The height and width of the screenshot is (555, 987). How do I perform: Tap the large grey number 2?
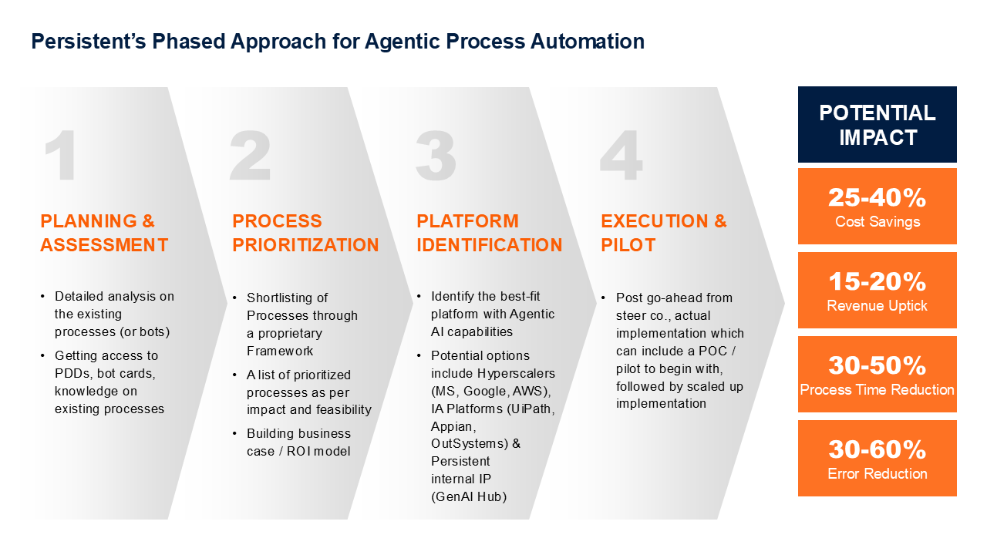point(250,156)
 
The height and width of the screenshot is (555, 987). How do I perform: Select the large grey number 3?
point(435,156)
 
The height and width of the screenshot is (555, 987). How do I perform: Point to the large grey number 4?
point(621,156)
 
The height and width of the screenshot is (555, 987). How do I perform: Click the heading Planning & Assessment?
point(104,233)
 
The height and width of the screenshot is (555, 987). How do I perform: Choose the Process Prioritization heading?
point(305,233)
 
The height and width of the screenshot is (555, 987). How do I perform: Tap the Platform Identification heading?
point(489,233)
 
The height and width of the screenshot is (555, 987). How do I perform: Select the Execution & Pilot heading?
point(663,233)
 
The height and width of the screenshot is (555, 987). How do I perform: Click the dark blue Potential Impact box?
point(877,125)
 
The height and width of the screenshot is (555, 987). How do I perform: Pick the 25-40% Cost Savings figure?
point(877,198)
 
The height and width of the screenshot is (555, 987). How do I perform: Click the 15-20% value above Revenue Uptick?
point(877,282)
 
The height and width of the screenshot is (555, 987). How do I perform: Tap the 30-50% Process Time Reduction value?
point(877,365)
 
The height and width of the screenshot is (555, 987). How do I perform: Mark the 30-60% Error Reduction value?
point(877,449)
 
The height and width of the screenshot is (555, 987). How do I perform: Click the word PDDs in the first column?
point(72,373)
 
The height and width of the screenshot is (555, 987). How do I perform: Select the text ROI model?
point(318,451)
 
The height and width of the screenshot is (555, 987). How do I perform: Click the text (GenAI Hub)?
point(469,496)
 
